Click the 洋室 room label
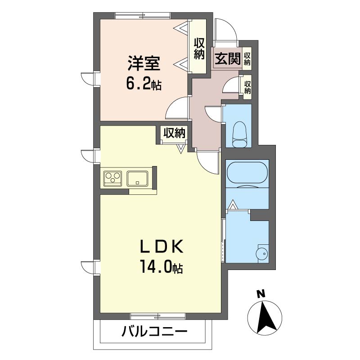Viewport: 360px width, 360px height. [x=144, y=63]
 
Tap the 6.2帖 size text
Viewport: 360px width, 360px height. [x=144, y=84]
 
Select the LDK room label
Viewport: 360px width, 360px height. [x=162, y=246]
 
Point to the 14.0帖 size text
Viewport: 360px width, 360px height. [x=162, y=267]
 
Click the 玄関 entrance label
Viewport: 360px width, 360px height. [x=227, y=58]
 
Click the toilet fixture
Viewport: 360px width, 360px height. [x=240, y=134]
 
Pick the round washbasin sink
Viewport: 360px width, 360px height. [x=262, y=254]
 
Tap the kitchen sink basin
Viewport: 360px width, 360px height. [x=137, y=178]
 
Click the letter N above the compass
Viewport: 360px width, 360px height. [x=261, y=294]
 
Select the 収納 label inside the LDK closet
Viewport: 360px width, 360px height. [x=174, y=133]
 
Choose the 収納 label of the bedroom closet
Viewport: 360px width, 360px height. [x=199, y=49]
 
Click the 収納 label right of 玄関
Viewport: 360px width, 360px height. [x=247, y=59]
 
